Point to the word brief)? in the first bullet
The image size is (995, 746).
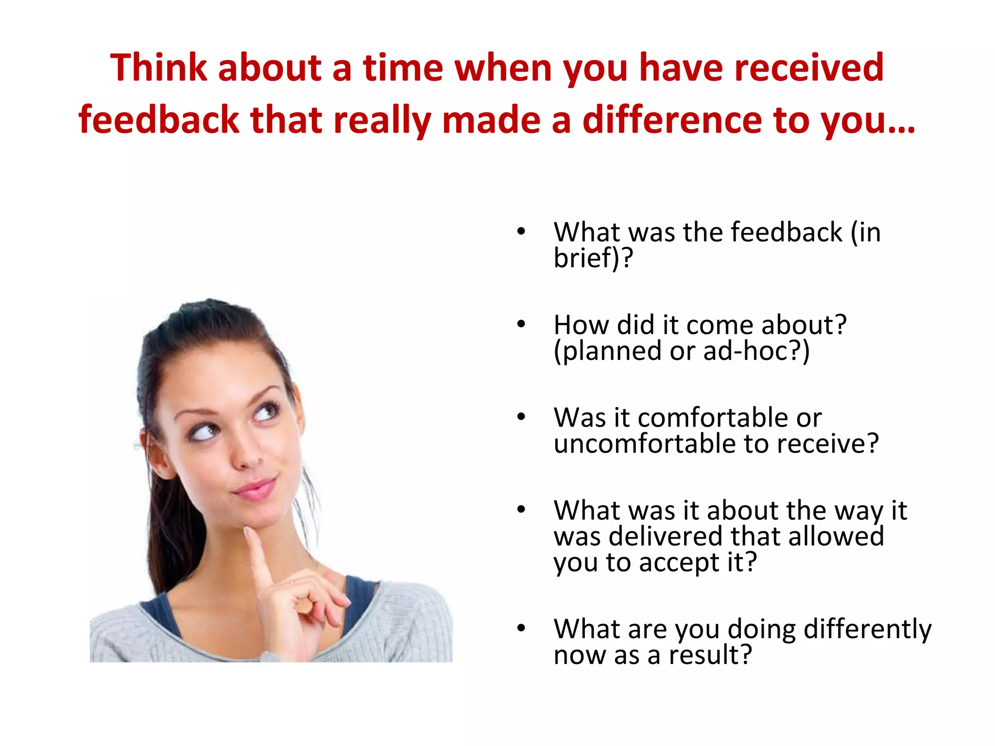pos(593,257)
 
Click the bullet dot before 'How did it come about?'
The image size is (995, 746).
pos(521,324)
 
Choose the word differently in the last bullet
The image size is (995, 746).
pos(867,629)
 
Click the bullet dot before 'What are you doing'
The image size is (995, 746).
pos(521,628)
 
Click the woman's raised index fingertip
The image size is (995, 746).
pos(251,532)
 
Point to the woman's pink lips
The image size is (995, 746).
pos(255,488)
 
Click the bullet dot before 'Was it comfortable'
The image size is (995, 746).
pos(521,417)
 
